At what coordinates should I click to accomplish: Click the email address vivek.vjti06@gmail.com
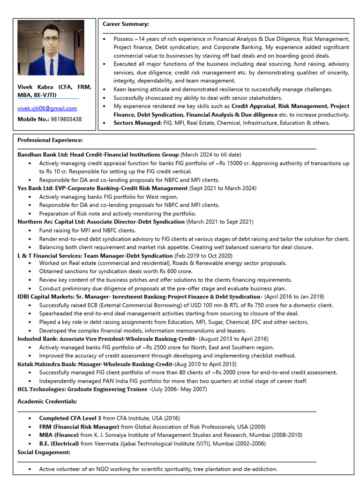click(x=47, y=108)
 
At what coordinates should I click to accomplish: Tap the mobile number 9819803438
click(x=66, y=119)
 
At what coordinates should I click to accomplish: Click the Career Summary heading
click(x=126, y=24)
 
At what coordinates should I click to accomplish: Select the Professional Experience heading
click(x=50, y=140)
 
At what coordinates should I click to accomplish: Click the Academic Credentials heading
click(x=47, y=402)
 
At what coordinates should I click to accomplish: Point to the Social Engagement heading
click(x=44, y=452)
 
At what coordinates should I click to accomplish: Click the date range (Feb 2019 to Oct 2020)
click(x=203, y=255)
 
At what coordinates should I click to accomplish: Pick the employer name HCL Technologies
click(x=41, y=389)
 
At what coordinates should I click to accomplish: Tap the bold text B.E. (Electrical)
click(x=59, y=443)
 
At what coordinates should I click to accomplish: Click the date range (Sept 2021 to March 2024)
click(x=223, y=188)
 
